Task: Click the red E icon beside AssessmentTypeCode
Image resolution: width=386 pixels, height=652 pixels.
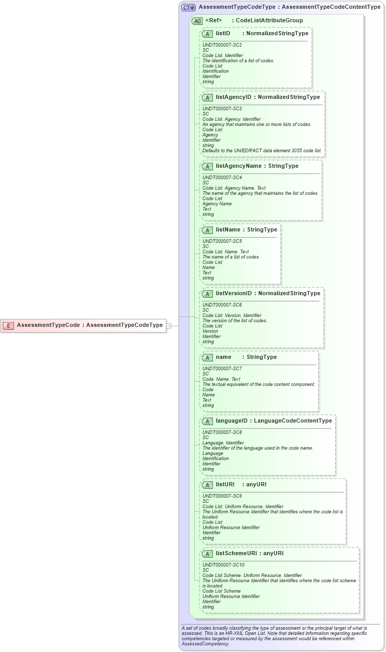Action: [x=8, y=325]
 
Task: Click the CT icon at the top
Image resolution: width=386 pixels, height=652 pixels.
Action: [x=188, y=7]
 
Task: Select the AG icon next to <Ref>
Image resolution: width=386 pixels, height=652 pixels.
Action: [x=197, y=21]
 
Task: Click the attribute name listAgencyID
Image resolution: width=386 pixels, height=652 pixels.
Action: [x=234, y=97]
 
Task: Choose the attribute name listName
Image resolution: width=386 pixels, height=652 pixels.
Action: [x=228, y=229]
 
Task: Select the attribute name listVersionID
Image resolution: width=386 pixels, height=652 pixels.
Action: [x=234, y=293]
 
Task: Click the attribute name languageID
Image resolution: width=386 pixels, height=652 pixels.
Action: [x=231, y=421]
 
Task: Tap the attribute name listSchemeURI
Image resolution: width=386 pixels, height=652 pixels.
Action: [x=236, y=553]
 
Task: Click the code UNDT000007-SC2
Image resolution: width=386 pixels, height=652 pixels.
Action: [x=222, y=45]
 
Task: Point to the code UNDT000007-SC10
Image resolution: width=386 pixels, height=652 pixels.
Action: [x=223, y=565]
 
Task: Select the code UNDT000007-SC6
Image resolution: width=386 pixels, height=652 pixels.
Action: [x=222, y=305]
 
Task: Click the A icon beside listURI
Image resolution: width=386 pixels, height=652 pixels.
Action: [x=207, y=485]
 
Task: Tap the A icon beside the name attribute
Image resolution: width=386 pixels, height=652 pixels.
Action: [x=207, y=357]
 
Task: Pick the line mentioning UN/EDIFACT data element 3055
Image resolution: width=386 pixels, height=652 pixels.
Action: [x=262, y=151]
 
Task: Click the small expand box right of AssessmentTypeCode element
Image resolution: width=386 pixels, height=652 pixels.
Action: [x=168, y=326]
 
